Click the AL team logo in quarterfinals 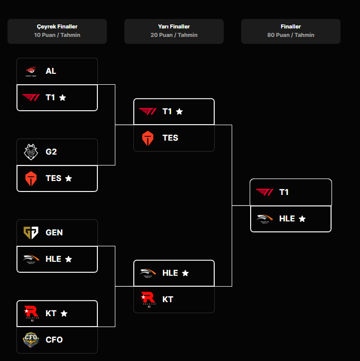coord(30,71)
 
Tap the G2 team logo coord(30,152)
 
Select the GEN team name coord(54,233)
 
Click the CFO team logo coord(30,340)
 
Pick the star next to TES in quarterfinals coord(68,179)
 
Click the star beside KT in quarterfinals coord(64,314)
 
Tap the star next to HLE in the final coord(302,219)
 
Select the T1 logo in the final coord(265,192)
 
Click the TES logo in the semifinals coord(148,138)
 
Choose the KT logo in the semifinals coord(148,299)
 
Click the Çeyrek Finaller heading coord(57,26)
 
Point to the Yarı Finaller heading coord(174,26)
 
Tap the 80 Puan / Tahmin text coord(291,35)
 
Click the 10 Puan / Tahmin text coord(57,35)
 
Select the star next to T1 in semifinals coord(179,112)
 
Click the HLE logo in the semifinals coord(148,273)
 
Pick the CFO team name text coord(54,340)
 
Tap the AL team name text coord(51,71)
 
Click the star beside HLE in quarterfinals coord(68,259)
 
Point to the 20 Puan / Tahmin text coord(174,35)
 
